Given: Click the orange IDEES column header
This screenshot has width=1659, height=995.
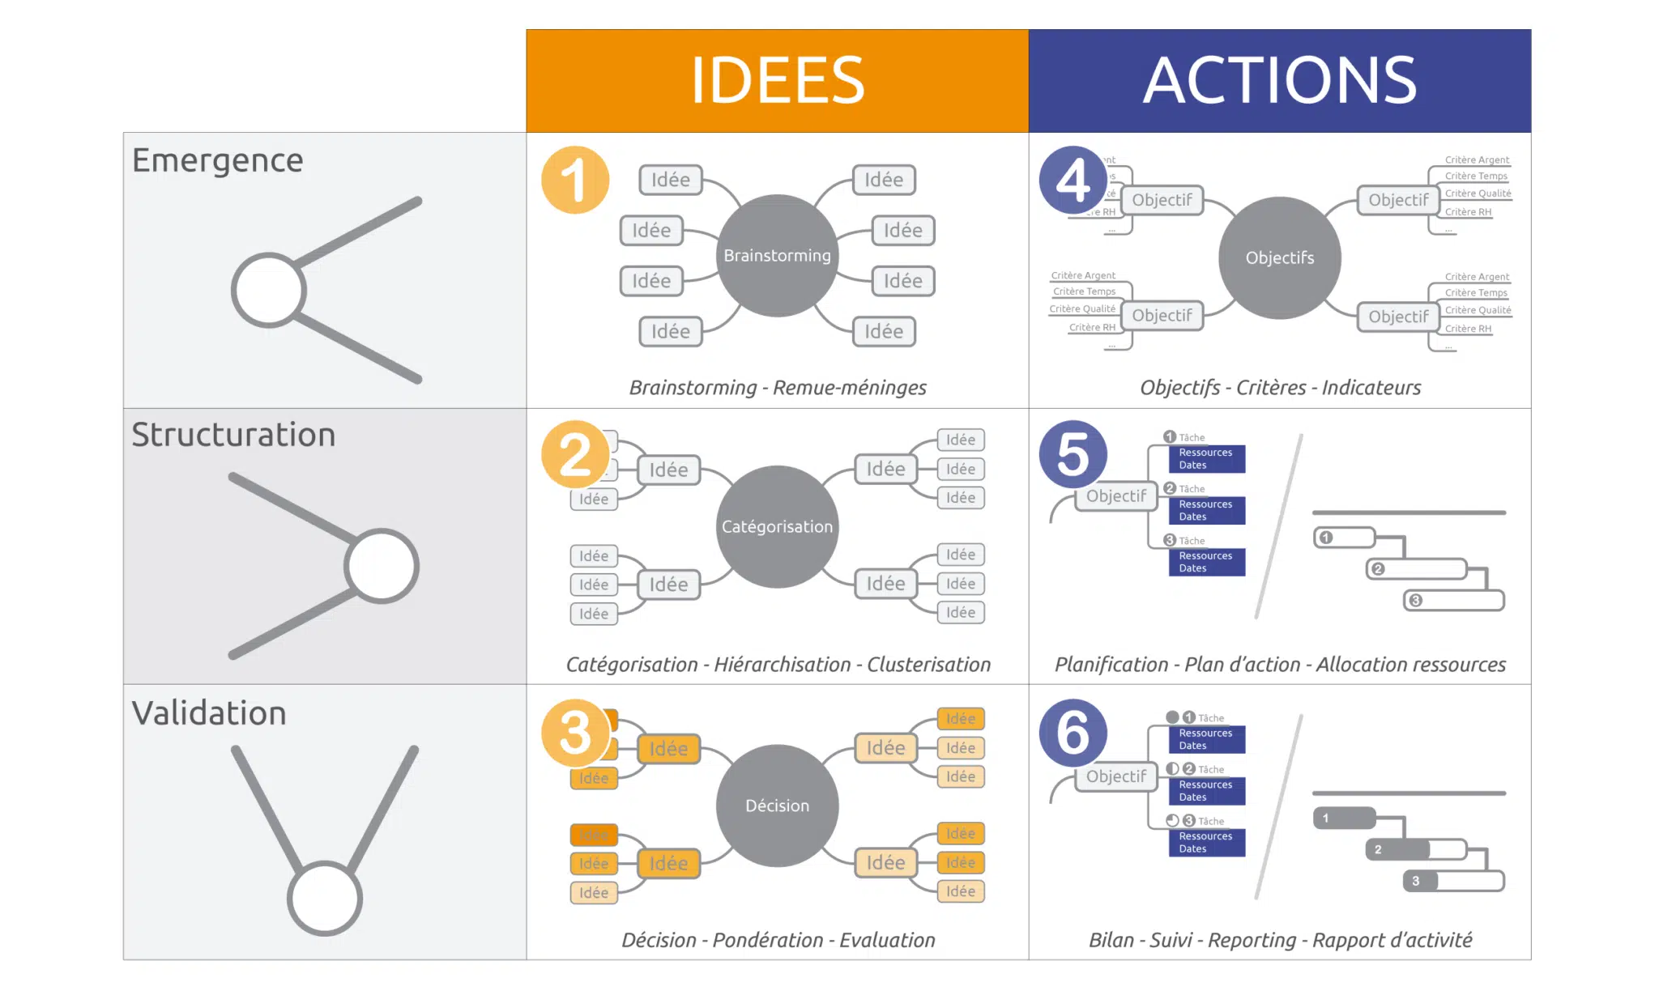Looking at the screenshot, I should tap(777, 81).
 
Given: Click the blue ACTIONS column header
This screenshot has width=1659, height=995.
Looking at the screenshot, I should tap(1279, 81).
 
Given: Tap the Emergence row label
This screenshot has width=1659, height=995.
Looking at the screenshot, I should tap(217, 160).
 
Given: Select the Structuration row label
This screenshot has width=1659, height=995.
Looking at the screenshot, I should tap(233, 435).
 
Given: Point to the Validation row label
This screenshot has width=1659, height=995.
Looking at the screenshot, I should tap(209, 713).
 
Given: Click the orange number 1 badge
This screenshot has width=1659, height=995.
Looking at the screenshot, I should tap(575, 180).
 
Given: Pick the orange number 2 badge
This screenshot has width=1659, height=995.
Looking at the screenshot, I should tap(575, 454).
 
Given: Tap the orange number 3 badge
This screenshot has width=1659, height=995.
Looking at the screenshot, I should tap(575, 733).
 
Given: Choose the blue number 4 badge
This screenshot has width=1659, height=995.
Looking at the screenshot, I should tap(1073, 180).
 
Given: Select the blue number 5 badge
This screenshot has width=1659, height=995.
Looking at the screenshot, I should tap(1073, 454).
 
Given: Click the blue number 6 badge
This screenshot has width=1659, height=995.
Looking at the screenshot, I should tap(1073, 733).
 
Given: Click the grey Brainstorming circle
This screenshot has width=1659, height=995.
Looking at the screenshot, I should tap(777, 256).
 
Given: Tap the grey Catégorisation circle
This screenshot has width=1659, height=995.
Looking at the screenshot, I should tap(777, 527).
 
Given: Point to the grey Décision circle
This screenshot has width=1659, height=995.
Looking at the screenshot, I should tap(777, 806).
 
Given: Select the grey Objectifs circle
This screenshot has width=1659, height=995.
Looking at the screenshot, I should tap(1279, 258).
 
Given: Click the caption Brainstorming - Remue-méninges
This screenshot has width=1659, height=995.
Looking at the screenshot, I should tap(778, 388).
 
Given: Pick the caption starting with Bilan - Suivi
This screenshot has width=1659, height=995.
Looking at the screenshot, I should tap(1280, 940).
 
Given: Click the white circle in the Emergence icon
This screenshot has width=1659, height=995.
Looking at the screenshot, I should tap(268, 291).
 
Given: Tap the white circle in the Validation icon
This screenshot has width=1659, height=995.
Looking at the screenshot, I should tap(324, 898).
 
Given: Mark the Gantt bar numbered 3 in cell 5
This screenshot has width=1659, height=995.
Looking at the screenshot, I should tap(1454, 601).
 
